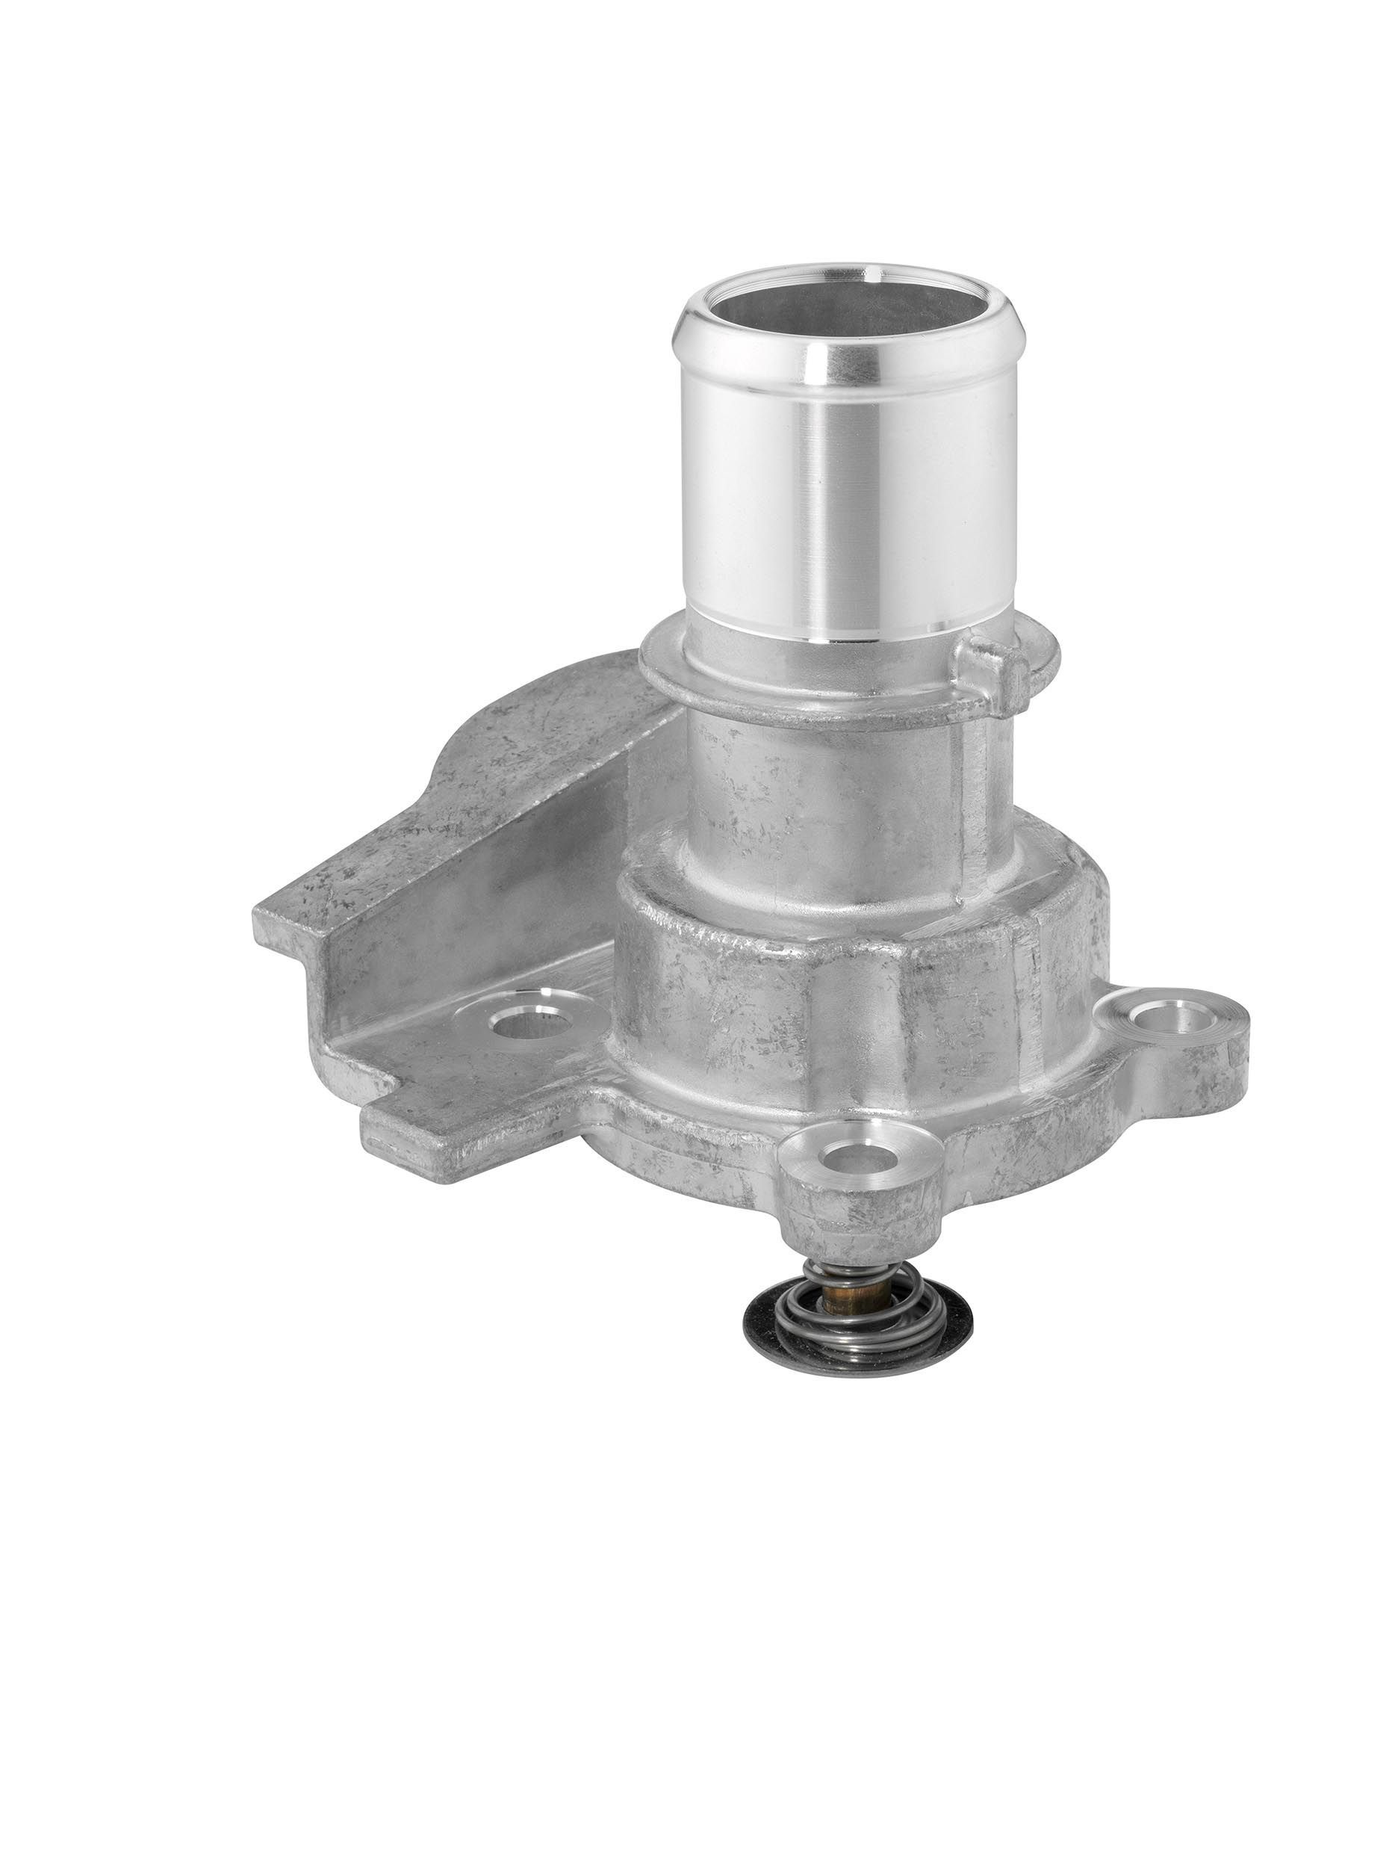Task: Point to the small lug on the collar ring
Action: coord(996,667)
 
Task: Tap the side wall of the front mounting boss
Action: coord(853,1216)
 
